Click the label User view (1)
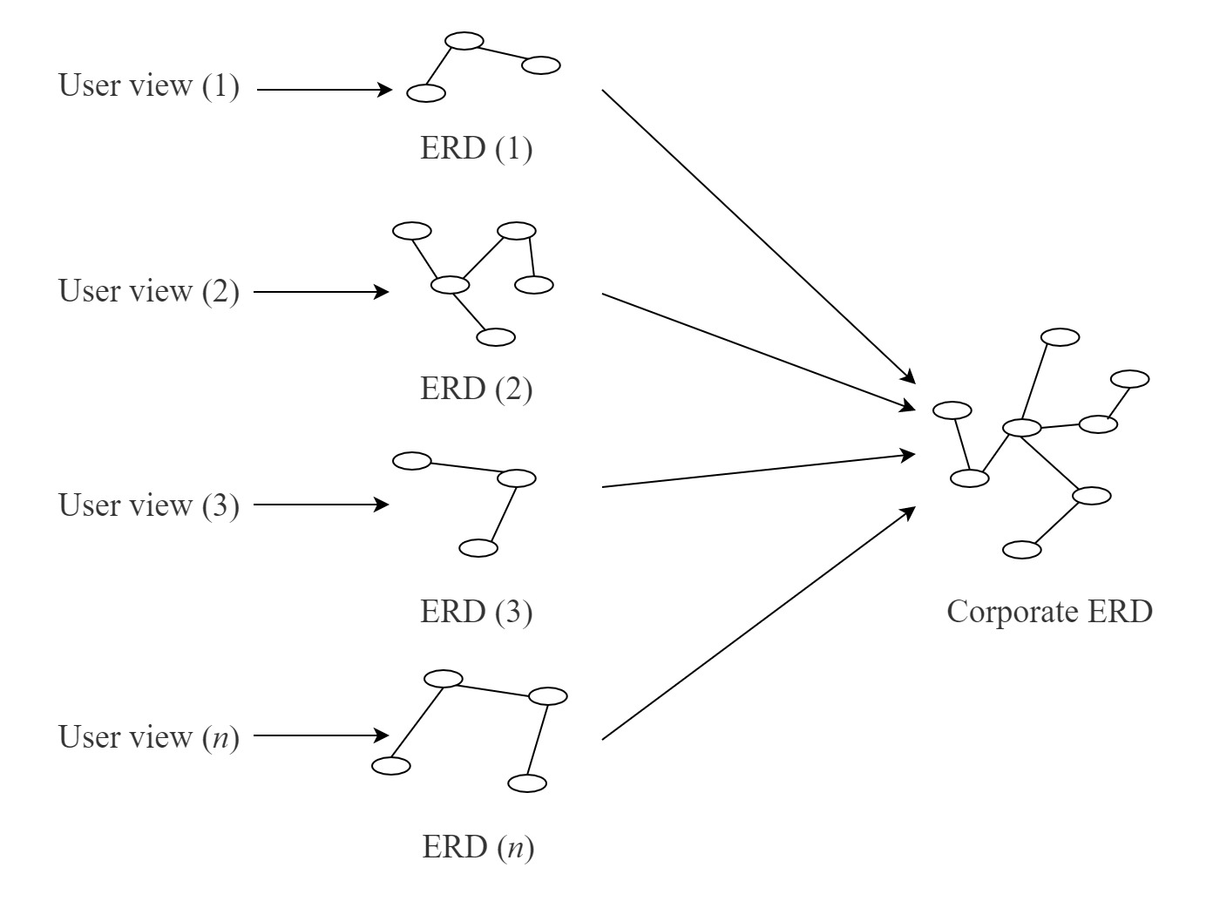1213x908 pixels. pyautogui.click(x=148, y=86)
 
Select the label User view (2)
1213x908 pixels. pyautogui.click(x=148, y=291)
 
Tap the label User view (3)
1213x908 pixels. pyautogui.click(x=148, y=505)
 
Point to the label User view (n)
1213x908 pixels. pyautogui.click(x=148, y=737)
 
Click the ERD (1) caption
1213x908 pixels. pyautogui.click(x=476, y=149)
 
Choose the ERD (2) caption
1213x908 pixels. pyautogui.click(x=476, y=389)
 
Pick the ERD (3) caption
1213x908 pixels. pyautogui.click(x=476, y=612)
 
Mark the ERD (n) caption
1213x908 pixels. pyautogui.click(x=478, y=847)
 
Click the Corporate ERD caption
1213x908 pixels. pyautogui.click(x=1049, y=612)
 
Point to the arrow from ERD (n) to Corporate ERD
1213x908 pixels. pyautogui.click(x=758, y=623)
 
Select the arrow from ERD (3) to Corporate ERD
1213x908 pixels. pyautogui.click(x=758, y=471)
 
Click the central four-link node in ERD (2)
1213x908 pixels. pyautogui.click(x=451, y=285)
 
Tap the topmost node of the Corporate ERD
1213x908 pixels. pyautogui.click(x=1060, y=337)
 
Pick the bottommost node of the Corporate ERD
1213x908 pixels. pyautogui.click(x=1021, y=550)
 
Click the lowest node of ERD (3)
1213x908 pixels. pyautogui.click(x=478, y=548)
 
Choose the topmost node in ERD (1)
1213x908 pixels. pyautogui.click(x=464, y=41)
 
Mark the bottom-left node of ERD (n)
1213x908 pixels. pyautogui.click(x=391, y=765)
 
